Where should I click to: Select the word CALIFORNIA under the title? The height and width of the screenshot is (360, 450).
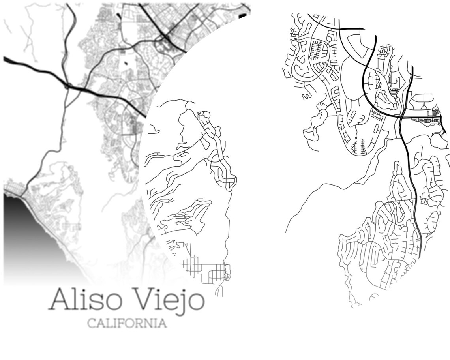click(x=127, y=324)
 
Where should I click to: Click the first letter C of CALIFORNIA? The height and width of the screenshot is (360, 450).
click(x=92, y=324)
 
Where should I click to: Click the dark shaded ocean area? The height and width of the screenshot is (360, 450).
click(x=24, y=229)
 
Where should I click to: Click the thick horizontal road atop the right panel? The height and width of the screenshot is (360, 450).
click(x=351, y=28)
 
